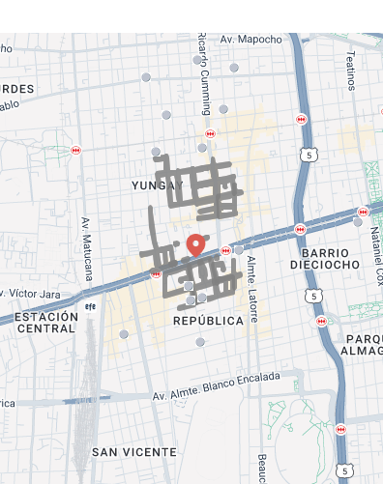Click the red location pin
(x=195, y=244)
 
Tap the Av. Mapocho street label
(x=250, y=40)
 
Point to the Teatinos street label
(x=351, y=71)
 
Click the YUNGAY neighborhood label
(x=157, y=185)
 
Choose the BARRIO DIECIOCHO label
(x=325, y=258)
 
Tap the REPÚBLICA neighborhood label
(x=209, y=320)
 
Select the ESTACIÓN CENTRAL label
(x=45, y=323)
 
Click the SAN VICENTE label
(x=134, y=452)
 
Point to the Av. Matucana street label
(x=87, y=248)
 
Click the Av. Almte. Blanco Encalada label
(x=216, y=384)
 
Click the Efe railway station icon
(x=90, y=307)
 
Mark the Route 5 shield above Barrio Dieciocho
(x=308, y=155)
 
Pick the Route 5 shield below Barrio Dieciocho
(x=312, y=296)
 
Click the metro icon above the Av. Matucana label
(x=75, y=151)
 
